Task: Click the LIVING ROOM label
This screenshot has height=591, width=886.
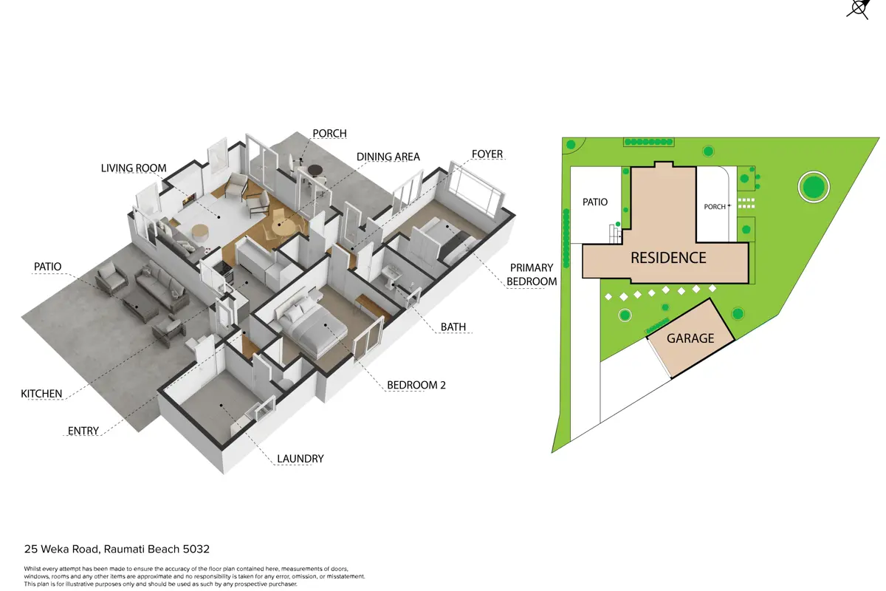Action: (x=134, y=168)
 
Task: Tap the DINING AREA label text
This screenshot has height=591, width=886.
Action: (x=388, y=157)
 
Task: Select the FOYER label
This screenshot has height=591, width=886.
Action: (x=487, y=154)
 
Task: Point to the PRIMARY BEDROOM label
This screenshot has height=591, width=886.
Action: (x=532, y=274)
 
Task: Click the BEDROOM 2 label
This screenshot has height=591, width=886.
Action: (x=416, y=385)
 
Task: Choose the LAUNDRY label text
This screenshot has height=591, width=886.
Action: (x=301, y=459)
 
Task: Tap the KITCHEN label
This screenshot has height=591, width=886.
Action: (x=41, y=394)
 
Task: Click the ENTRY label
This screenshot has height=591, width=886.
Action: (x=83, y=431)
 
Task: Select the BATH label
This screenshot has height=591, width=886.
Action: (x=453, y=327)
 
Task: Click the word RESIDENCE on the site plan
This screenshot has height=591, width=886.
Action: (x=668, y=258)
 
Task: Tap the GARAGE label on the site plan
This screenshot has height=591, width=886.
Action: (x=690, y=338)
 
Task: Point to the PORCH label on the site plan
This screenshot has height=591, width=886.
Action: (x=715, y=207)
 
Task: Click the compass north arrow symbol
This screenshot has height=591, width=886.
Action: (x=859, y=9)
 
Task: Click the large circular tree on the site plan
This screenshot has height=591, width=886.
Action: (x=814, y=187)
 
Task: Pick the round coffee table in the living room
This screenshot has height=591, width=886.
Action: (x=200, y=233)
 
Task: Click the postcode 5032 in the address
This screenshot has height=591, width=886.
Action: (x=196, y=549)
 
